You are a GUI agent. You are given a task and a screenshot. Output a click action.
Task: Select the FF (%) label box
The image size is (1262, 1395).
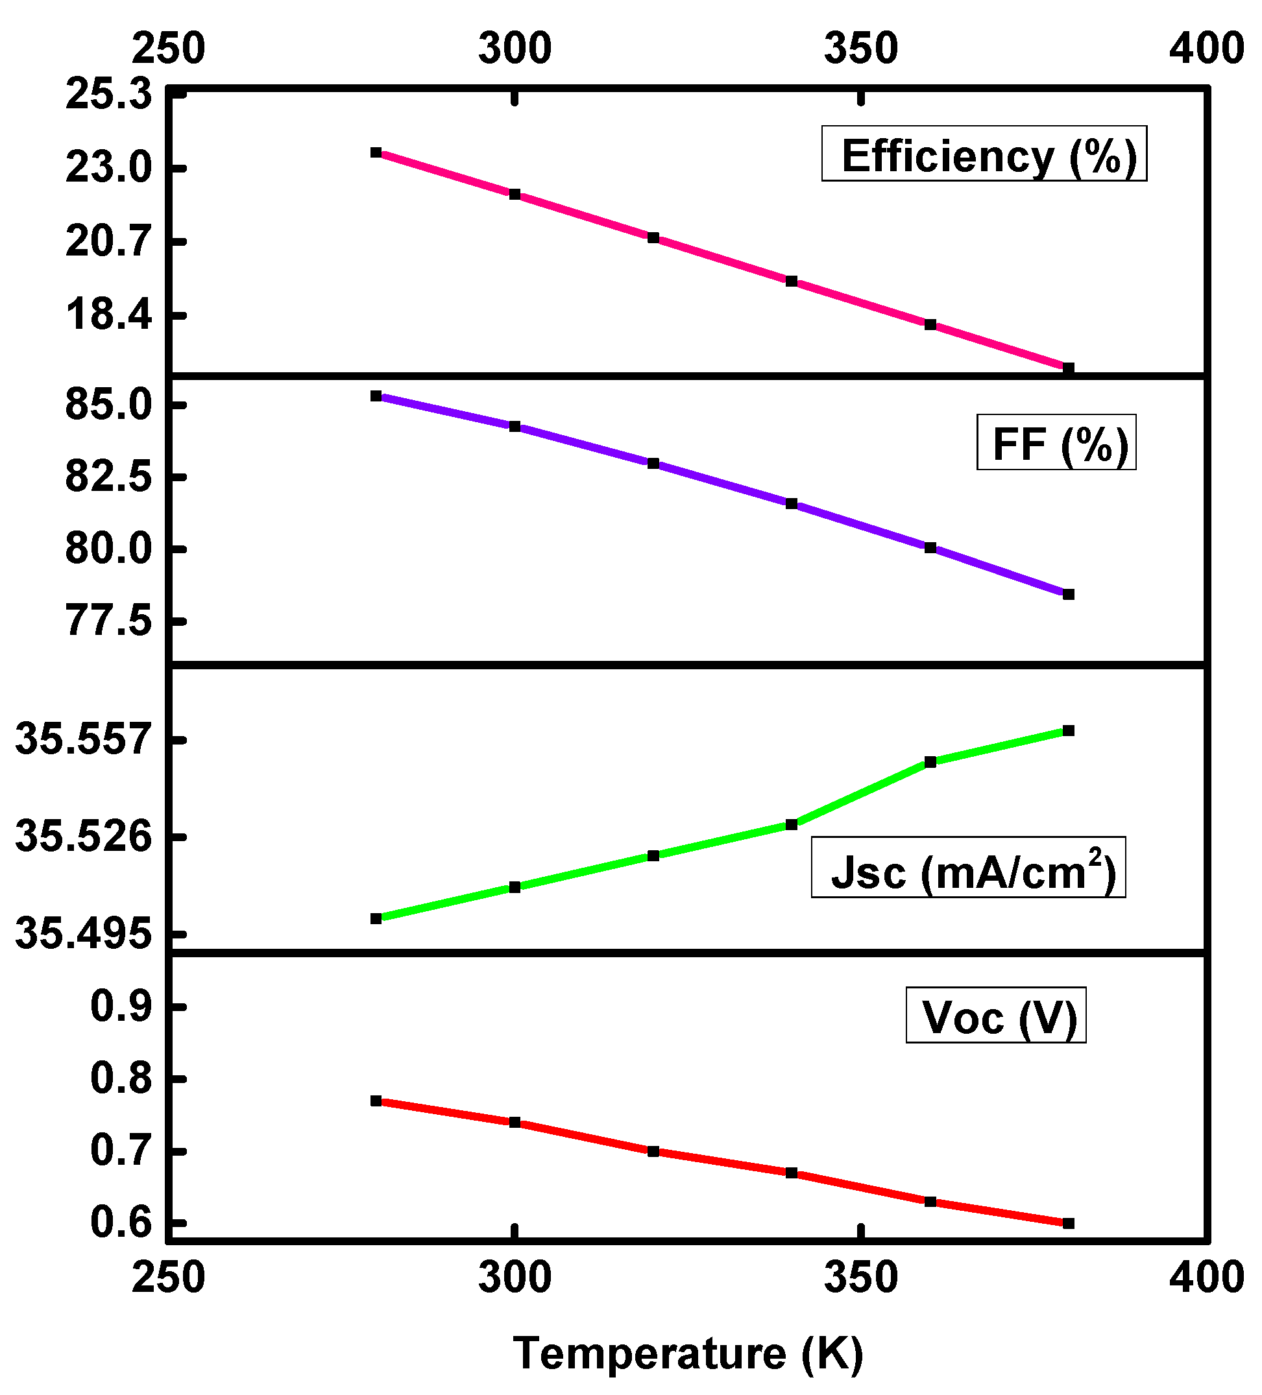tap(1056, 442)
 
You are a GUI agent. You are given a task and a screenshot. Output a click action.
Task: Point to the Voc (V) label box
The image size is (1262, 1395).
tap(995, 1017)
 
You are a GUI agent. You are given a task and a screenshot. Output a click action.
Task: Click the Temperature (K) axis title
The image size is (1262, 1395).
tap(687, 1353)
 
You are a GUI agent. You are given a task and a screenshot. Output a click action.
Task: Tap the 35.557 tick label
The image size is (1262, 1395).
tap(82, 739)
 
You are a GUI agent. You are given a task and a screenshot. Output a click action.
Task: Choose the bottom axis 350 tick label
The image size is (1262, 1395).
tap(860, 1278)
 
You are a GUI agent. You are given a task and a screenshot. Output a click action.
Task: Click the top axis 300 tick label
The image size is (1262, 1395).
tap(515, 49)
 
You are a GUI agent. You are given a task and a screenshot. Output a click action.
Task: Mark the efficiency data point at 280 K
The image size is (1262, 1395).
tap(376, 152)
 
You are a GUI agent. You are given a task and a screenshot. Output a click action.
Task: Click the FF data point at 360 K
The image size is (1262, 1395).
tap(930, 547)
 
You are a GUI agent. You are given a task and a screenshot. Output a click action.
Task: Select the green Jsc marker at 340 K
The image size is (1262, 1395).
tap(791, 824)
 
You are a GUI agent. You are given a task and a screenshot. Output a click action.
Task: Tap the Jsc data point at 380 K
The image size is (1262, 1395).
tap(1068, 731)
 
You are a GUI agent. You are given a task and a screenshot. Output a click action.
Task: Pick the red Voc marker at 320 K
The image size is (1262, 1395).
tap(653, 1151)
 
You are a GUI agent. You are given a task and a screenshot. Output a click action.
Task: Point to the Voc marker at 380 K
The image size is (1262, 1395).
tap(1068, 1223)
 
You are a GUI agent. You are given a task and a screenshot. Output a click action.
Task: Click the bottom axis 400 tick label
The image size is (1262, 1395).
tap(1207, 1278)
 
